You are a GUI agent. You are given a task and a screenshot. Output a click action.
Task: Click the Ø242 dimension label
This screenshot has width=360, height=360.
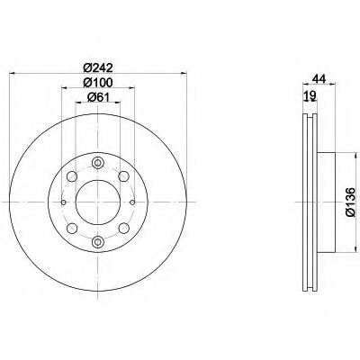tap(98, 68)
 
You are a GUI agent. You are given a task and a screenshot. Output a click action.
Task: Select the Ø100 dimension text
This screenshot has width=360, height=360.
tap(98, 83)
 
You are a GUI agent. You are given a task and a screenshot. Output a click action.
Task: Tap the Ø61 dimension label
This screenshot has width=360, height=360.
tap(98, 97)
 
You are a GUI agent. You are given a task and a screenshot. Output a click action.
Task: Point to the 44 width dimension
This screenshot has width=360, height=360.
tap(319, 78)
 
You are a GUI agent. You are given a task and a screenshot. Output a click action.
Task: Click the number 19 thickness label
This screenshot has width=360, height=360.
tap(310, 96)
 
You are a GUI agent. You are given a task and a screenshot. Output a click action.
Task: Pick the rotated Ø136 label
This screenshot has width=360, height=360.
tap(350, 202)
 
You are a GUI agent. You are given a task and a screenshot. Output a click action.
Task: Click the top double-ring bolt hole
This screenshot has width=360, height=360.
tap(98, 163)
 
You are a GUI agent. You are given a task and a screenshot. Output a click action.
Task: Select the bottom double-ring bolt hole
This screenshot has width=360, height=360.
tap(98, 241)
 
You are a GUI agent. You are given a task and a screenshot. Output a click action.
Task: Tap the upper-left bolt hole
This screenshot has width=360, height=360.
tap(72, 176)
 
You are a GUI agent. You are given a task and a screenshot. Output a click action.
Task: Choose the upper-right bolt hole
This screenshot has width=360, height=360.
tap(123, 176)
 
